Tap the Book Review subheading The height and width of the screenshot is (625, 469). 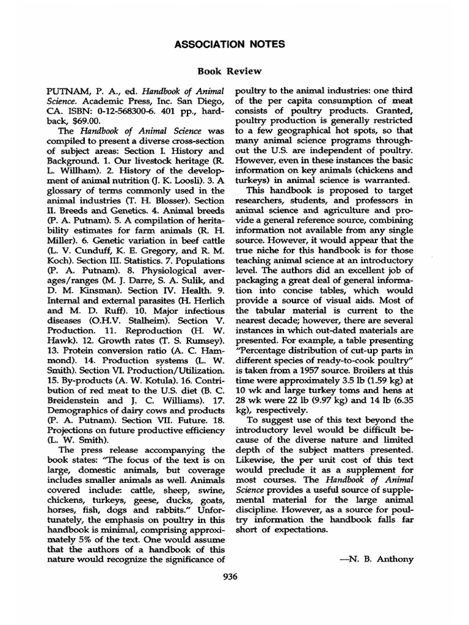point(234,71)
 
